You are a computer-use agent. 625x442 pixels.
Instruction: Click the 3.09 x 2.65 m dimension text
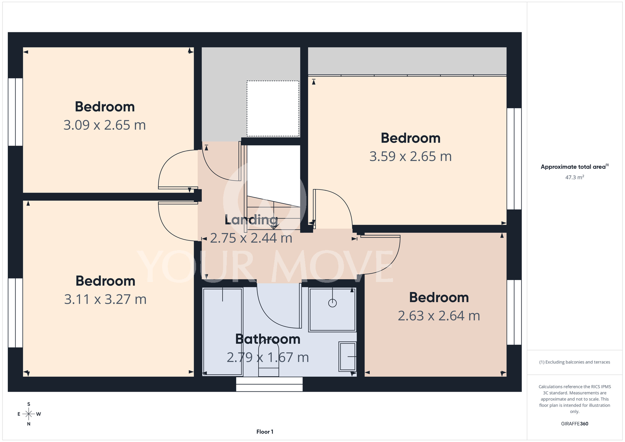tap(105, 125)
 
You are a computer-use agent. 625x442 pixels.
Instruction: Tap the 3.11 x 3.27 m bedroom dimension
tap(105, 299)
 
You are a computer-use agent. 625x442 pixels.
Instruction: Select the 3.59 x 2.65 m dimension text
tap(411, 156)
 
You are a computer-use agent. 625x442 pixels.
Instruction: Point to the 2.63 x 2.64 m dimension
tap(439, 316)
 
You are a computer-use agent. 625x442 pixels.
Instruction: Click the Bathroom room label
tap(268, 339)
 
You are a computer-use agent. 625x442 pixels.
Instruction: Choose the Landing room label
tap(251, 220)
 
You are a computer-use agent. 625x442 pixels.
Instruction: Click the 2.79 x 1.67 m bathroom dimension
tap(268, 357)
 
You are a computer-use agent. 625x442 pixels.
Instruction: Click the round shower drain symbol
tap(332, 303)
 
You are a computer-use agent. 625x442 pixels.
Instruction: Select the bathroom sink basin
tap(347, 357)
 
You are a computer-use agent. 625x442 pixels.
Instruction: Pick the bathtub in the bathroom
tap(223, 332)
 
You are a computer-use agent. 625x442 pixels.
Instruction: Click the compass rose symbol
tap(29, 414)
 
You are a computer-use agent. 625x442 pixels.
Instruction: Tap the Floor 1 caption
tap(265, 432)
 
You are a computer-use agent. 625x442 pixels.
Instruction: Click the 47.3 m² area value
tap(575, 177)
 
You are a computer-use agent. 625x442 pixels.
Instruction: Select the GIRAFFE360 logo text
tap(575, 424)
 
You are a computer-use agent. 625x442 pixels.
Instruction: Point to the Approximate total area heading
tap(575, 167)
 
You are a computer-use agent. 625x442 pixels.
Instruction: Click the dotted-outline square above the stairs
tap(273, 108)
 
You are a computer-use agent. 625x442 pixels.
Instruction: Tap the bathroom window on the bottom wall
tap(269, 384)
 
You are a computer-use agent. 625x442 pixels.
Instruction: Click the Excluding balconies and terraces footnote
tap(575, 362)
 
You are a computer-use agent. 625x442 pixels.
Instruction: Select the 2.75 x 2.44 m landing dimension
tap(251, 238)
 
